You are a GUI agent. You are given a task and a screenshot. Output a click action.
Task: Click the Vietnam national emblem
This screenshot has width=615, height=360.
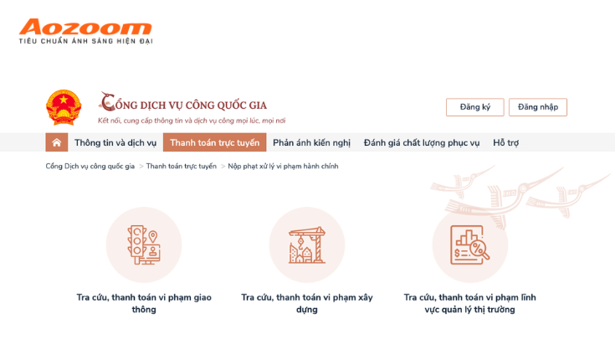[x=64, y=107]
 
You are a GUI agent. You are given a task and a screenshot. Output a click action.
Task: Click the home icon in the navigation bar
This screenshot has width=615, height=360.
[x=57, y=142]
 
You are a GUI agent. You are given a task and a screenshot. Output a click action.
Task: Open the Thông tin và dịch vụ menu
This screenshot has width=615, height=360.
[x=115, y=142]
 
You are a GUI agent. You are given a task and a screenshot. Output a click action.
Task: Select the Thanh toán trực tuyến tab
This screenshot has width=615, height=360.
[x=214, y=142]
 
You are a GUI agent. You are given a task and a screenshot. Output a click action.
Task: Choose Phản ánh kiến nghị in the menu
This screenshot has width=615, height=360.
[x=311, y=142]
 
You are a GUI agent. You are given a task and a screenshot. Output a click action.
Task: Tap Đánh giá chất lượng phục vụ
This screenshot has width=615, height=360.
[x=421, y=142]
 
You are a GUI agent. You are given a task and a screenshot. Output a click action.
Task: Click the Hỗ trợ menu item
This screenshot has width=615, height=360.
[x=505, y=142]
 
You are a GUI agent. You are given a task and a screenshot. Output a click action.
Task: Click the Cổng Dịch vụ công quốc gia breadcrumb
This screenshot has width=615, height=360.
[x=90, y=166]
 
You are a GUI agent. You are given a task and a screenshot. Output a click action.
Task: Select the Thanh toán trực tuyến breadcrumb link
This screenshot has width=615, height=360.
[x=182, y=166]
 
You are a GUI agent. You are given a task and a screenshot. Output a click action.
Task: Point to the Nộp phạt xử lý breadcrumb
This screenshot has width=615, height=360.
[x=283, y=166]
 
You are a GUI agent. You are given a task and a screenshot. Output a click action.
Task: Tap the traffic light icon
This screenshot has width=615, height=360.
[x=144, y=244]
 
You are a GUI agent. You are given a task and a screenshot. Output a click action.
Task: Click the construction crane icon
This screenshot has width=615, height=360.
[x=307, y=244]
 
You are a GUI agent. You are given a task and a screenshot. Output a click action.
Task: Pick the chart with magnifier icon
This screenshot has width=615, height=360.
[x=470, y=244]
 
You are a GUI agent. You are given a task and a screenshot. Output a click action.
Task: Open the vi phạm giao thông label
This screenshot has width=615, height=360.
[x=144, y=303]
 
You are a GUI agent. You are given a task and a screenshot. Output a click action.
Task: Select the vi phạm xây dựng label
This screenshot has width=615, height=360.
[x=307, y=303]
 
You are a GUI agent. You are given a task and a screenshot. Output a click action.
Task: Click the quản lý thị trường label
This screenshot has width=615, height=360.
[x=470, y=303]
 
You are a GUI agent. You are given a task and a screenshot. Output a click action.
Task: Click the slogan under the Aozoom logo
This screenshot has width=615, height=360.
[x=85, y=41]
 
